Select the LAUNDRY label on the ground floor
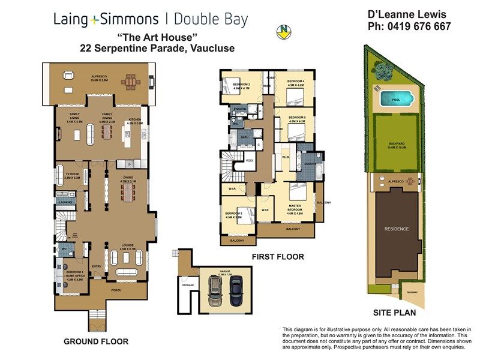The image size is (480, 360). click(x=65, y=203)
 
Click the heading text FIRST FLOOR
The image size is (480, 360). click(x=278, y=257)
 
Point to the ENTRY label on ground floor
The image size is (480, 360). click(x=97, y=266)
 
